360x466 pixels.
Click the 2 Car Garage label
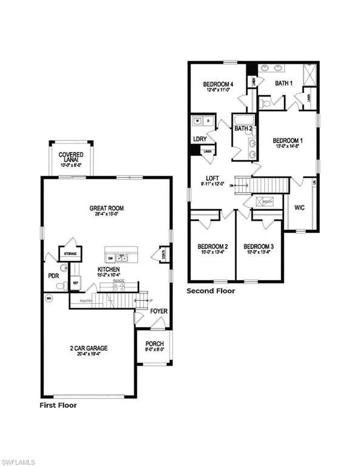point(88,348)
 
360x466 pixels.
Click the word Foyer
point(159,311)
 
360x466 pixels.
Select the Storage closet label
point(66,252)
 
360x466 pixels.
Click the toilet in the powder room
point(63,268)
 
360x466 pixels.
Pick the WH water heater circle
point(49,298)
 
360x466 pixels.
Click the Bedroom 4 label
point(218,84)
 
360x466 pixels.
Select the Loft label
point(212,178)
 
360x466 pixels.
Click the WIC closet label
point(299,207)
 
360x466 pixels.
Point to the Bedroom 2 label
point(212,246)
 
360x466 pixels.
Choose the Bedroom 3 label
point(259,246)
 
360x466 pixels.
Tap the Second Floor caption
point(210,291)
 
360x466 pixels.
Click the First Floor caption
point(58,405)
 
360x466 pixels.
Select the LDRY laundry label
point(200,138)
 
